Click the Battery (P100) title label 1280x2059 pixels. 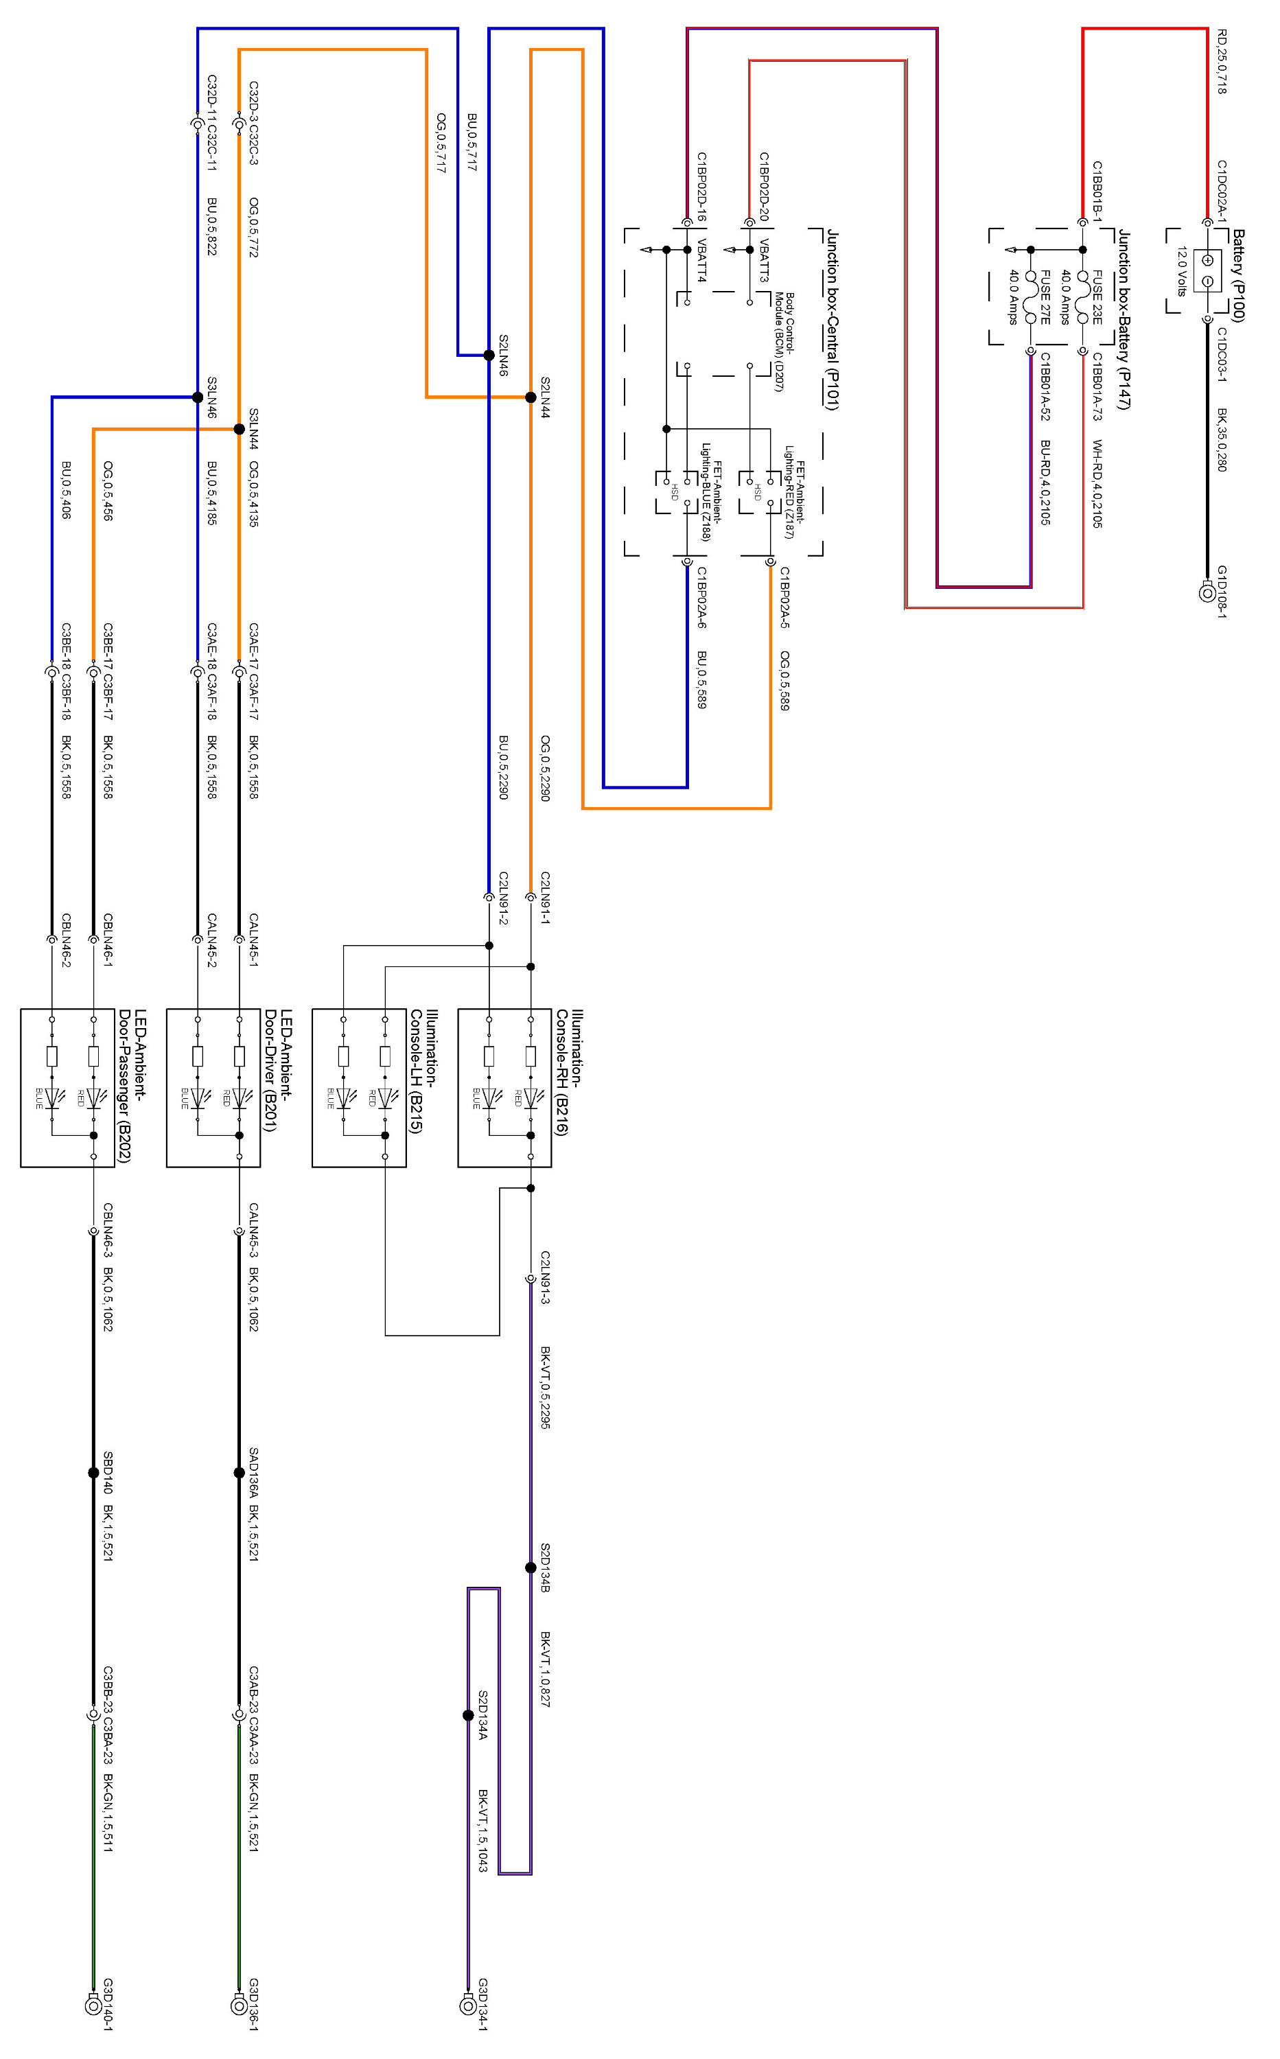(x=1237, y=275)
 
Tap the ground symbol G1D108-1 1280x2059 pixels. (x=1207, y=592)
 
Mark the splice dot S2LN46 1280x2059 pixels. (x=489, y=355)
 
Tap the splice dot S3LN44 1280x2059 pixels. (x=239, y=429)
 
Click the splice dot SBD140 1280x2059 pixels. (x=93, y=1472)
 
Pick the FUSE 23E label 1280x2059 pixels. (x=1097, y=297)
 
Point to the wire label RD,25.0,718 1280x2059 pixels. (x=1222, y=61)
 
